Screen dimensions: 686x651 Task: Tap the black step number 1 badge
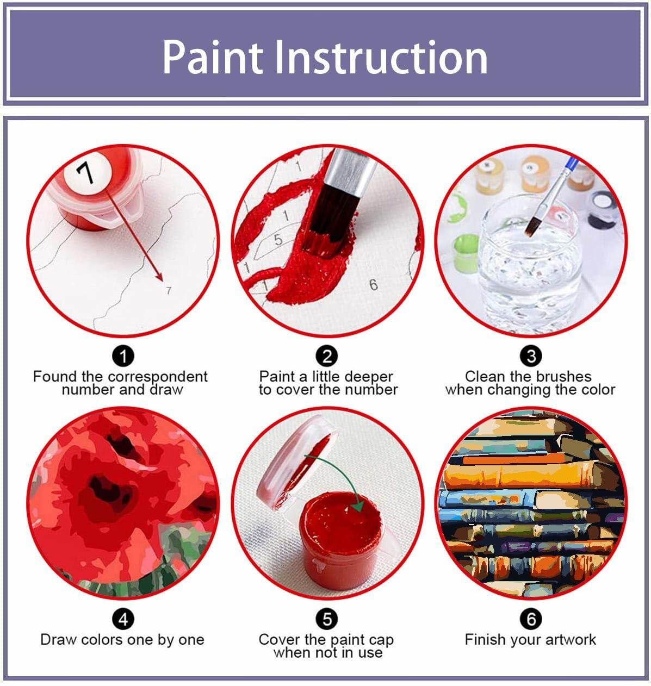(123, 357)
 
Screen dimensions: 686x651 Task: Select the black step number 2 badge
(326, 357)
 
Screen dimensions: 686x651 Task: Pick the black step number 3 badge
(531, 357)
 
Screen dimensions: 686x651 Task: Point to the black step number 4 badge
(123, 619)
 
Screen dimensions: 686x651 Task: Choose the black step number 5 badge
(326, 619)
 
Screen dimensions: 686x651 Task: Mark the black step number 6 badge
(531, 619)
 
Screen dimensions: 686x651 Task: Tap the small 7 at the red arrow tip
(168, 290)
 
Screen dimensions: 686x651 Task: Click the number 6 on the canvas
(373, 284)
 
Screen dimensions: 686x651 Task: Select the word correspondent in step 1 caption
(158, 377)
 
